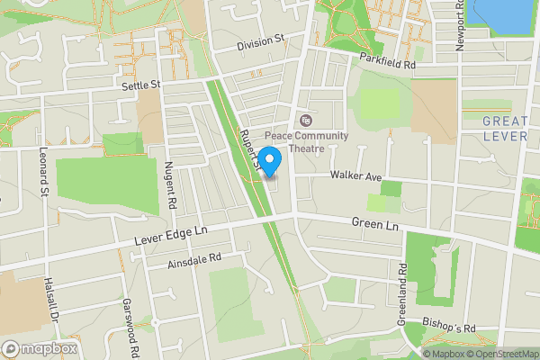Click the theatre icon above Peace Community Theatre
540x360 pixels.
pos(306,121)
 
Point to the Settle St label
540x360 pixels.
pos(140,84)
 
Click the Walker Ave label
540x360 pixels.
pos(356,175)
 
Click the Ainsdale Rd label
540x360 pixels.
pos(194,261)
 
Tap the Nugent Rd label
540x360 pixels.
pos(168,185)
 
